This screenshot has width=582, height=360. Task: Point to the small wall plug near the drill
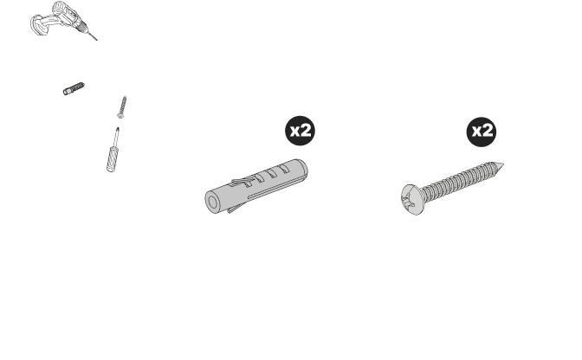tap(76, 87)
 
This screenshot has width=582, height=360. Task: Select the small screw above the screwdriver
tap(124, 110)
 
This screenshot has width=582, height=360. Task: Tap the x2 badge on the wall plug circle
tap(300, 132)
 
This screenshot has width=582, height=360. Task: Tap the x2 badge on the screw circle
tap(482, 132)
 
